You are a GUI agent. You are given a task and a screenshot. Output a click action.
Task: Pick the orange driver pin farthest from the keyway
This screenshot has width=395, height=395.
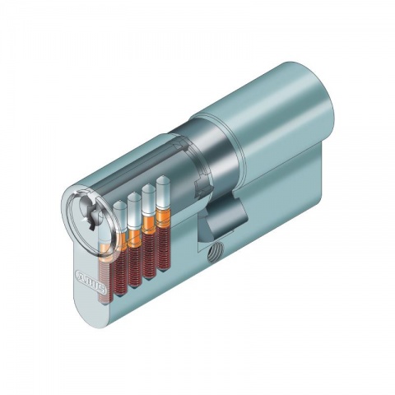click(x=162, y=217)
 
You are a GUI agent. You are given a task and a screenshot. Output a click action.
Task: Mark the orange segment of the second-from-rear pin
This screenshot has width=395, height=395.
click(x=148, y=223)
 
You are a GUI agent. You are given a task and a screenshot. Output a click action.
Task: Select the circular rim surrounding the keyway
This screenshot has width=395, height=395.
click(x=81, y=202)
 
